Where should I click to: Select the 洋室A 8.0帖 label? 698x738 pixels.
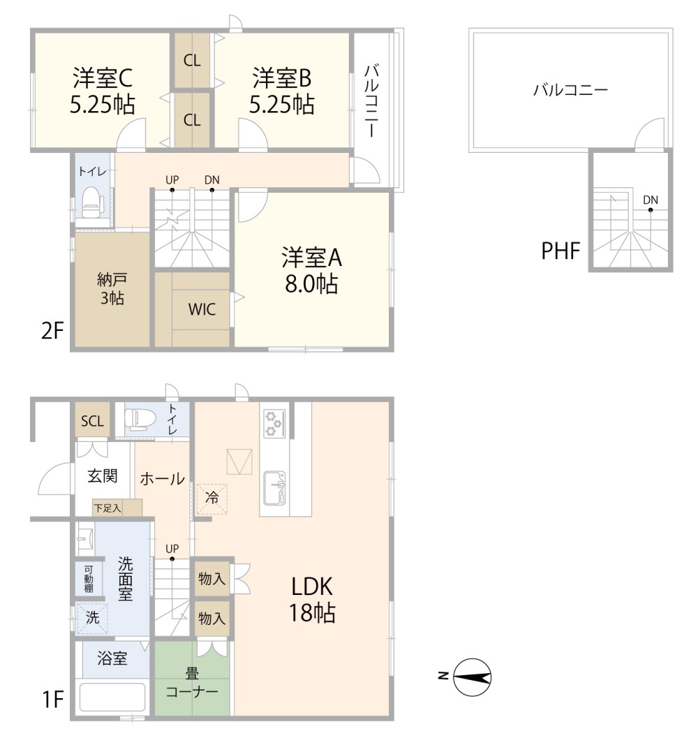pyautogui.click(x=311, y=271)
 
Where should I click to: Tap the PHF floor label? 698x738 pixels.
pyautogui.click(x=560, y=251)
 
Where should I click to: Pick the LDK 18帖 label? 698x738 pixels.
pyautogui.click(x=312, y=599)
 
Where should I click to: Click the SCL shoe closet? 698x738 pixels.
pyautogui.click(x=92, y=421)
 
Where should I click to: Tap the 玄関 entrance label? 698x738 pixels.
pyautogui.click(x=102, y=477)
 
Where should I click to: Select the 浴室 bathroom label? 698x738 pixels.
pyautogui.click(x=112, y=658)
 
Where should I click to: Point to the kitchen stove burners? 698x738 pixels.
pyautogui.click(x=272, y=423)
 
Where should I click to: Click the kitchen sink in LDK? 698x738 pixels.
pyautogui.click(x=274, y=486)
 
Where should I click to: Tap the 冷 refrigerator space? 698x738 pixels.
pyautogui.click(x=211, y=499)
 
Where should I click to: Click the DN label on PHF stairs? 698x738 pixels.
pyautogui.click(x=651, y=200)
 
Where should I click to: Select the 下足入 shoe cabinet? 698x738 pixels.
pyautogui.click(x=107, y=508)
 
